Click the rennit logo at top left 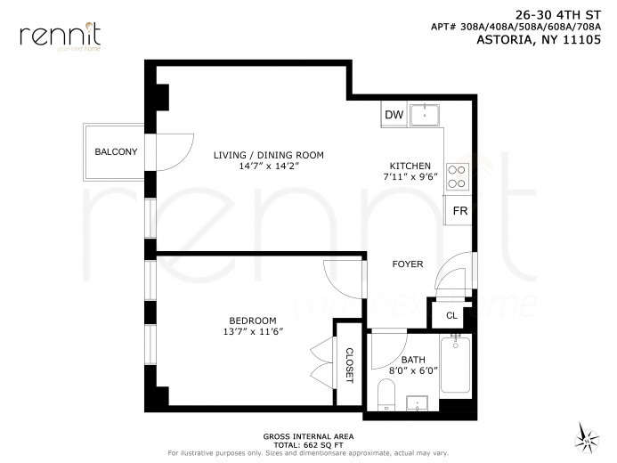click(x=60, y=35)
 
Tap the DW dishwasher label click(x=394, y=116)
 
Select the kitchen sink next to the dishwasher click(x=426, y=114)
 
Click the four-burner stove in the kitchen click(x=458, y=176)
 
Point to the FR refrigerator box click(x=460, y=212)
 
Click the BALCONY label click(x=116, y=152)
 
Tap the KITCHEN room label click(x=410, y=167)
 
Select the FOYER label click(x=408, y=264)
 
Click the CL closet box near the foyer click(x=451, y=315)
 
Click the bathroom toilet click(x=386, y=394)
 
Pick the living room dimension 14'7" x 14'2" click(x=267, y=167)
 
